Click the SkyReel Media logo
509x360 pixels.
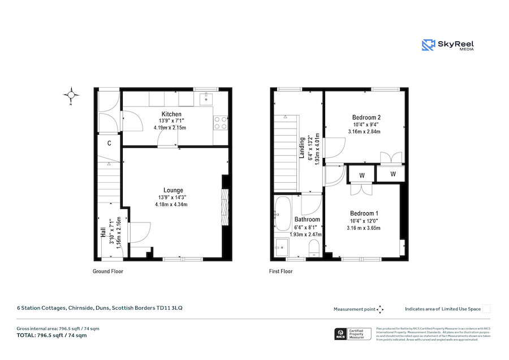448,45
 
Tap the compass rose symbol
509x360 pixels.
72,95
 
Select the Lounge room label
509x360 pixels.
173,190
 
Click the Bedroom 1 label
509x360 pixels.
364,214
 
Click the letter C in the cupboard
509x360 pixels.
109,143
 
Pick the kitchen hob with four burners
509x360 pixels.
221,123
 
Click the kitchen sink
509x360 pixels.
206,100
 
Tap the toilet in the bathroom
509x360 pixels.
314,246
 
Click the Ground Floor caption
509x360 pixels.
108,272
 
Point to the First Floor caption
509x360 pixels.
281,272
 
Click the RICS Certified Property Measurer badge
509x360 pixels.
353,334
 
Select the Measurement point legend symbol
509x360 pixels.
380,309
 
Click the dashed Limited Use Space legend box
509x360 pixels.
486,309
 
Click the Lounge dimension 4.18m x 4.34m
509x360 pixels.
171,204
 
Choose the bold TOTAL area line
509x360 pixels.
51,336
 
